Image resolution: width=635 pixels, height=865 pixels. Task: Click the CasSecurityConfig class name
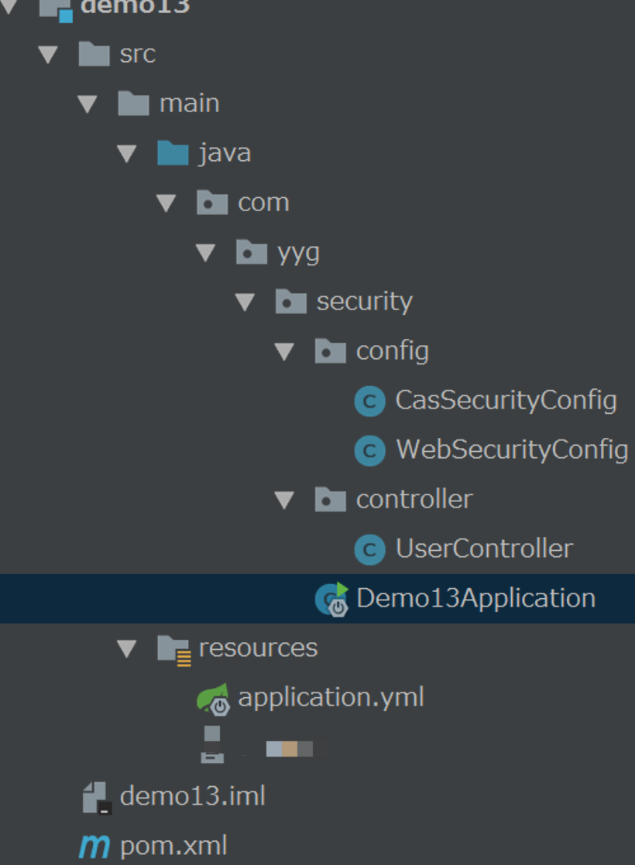tap(506, 400)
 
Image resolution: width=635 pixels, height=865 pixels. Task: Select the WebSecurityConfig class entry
tap(512, 450)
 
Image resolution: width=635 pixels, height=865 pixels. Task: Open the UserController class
tap(484, 549)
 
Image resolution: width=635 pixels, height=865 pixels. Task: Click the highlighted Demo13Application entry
tap(475, 598)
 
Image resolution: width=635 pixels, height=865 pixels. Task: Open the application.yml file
tap(331, 697)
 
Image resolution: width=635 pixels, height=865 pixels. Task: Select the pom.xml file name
tap(173, 846)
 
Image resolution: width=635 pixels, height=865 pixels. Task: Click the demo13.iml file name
tap(193, 796)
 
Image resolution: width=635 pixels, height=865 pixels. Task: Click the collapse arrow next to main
tap(88, 104)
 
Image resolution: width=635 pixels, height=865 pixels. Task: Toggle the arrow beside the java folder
tap(128, 153)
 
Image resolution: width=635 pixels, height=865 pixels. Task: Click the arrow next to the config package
tap(285, 352)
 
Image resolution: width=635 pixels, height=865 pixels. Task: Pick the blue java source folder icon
tap(173, 152)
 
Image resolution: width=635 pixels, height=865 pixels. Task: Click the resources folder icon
tap(173, 648)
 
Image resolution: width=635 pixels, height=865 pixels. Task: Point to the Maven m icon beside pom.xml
tap(94, 846)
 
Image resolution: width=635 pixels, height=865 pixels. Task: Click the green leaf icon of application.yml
tap(213, 698)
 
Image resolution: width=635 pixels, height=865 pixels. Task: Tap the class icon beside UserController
tap(369, 549)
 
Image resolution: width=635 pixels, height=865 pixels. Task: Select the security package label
tap(364, 301)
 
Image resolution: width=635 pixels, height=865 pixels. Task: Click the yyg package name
tap(298, 252)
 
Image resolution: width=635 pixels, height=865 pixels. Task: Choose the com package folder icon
tap(212, 203)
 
